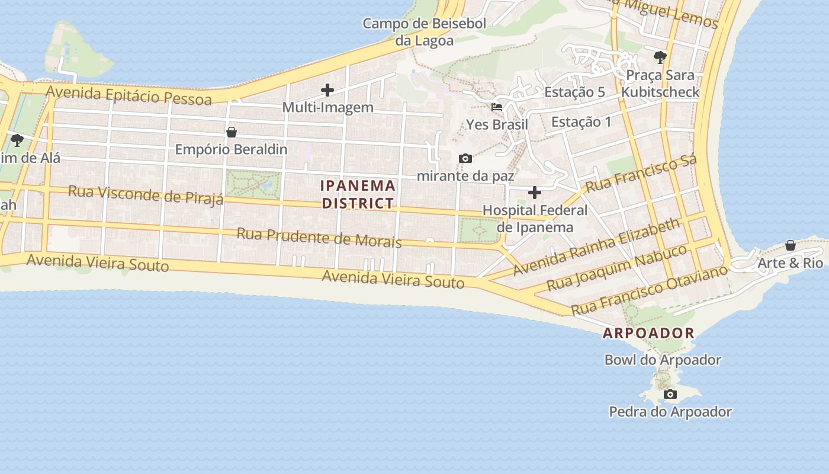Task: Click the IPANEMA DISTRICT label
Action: click(x=358, y=194)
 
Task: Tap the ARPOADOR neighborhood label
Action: click(x=648, y=333)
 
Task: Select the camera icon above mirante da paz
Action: click(x=465, y=159)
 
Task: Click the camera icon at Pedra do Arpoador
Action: click(x=670, y=395)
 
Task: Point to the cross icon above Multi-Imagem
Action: click(x=327, y=90)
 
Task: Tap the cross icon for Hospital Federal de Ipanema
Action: click(x=534, y=193)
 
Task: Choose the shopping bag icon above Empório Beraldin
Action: click(x=232, y=132)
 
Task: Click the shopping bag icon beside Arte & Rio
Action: click(x=790, y=245)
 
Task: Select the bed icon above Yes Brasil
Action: click(x=497, y=108)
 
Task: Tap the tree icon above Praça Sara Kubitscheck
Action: click(x=660, y=57)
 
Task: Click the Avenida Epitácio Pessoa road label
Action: click(x=128, y=95)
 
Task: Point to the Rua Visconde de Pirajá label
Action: click(x=146, y=194)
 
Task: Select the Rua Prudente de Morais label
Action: click(x=319, y=238)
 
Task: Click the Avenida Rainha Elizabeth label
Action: click(x=597, y=246)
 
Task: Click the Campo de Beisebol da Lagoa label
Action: click(x=424, y=32)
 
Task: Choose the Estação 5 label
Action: click(x=574, y=92)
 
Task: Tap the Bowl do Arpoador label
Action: click(x=663, y=360)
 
